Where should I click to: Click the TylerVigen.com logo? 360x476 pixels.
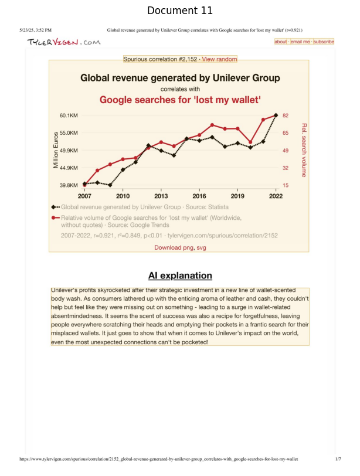(x=63, y=42)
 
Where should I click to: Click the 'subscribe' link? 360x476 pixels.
(x=323, y=42)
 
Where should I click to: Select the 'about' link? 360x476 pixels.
(x=281, y=42)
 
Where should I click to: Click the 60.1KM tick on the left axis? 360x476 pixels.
(x=69, y=115)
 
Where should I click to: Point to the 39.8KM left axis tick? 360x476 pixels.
(x=69, y=185)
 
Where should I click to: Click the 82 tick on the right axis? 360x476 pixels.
(x=286, y=115)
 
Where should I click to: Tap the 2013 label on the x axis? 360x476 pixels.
(x=161, y=196)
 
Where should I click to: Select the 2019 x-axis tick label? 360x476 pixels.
(x=237, y=196)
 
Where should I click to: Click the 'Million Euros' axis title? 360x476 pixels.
(x=57, y=150)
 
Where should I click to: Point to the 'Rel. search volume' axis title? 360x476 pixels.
(x=304, y=150)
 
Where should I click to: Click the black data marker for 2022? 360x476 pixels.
(x=276, y=115)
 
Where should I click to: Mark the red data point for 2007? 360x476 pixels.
(x=84, y=185)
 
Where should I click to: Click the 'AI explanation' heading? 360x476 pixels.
(x=179, y=276)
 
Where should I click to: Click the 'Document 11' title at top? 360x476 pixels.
(x=179, y=11)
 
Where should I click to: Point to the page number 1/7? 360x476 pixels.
(x=338, y=460)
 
